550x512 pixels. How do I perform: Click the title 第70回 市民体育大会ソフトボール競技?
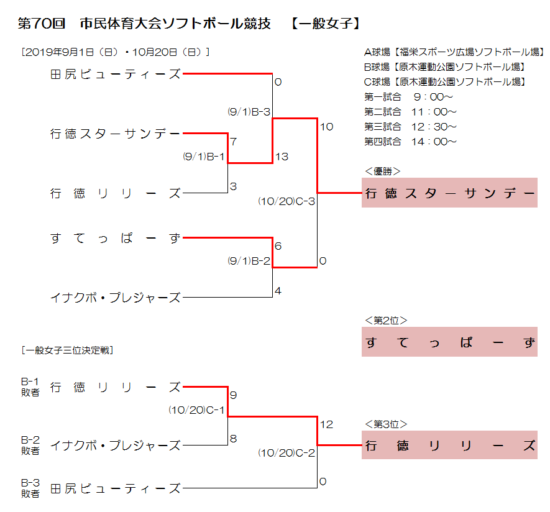144,24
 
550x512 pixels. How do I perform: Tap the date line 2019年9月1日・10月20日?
116,52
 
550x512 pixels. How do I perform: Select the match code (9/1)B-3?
249,112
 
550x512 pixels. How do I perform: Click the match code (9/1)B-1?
204,157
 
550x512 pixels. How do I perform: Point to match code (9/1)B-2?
249,261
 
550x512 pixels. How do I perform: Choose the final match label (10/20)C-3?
286,201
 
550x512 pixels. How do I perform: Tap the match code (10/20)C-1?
196,410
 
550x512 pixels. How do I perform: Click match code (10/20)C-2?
286,453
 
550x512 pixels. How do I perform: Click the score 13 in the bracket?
282,157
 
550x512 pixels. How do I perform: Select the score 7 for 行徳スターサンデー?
234,142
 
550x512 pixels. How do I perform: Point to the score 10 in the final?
326,127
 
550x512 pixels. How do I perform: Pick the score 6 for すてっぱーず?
278,246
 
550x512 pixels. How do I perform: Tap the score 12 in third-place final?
326,424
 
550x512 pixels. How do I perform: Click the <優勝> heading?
382,171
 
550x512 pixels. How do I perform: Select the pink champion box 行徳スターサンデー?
450,193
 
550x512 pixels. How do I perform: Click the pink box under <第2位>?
450,342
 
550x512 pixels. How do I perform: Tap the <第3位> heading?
386,424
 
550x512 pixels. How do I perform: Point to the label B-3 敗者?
30,488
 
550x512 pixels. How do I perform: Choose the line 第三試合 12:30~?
410,127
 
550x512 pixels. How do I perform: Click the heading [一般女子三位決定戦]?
67,350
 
